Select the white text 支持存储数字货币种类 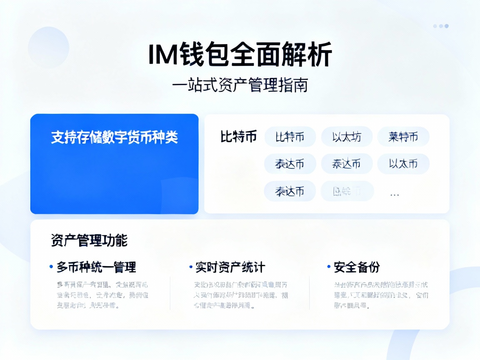pos(114,137)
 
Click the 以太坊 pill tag pos(347,137)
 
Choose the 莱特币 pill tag pos(403,137)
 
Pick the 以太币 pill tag pos(403,164)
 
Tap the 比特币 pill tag pos(290,137)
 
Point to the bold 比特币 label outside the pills pos(238,137)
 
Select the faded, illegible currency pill pos(347,191)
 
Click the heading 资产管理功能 pos(89,240)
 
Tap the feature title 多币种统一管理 pos(96,267)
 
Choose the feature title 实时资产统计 pos(230,267)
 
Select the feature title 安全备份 pos(357,267)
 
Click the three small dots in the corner pos(440,26)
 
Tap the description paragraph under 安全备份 pos(381,295)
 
